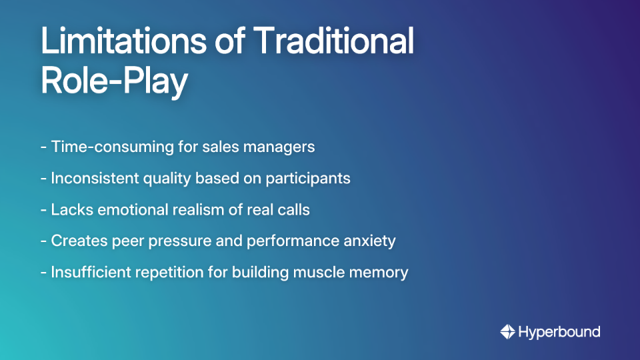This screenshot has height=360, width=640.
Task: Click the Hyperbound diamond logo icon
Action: click(x=507, y=331)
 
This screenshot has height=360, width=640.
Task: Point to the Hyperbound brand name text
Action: click(x=559, y=331)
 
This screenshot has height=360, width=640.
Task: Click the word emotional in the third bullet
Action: click(x=128, y=209)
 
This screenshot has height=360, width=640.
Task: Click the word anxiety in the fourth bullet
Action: click(x=370, y=241)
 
